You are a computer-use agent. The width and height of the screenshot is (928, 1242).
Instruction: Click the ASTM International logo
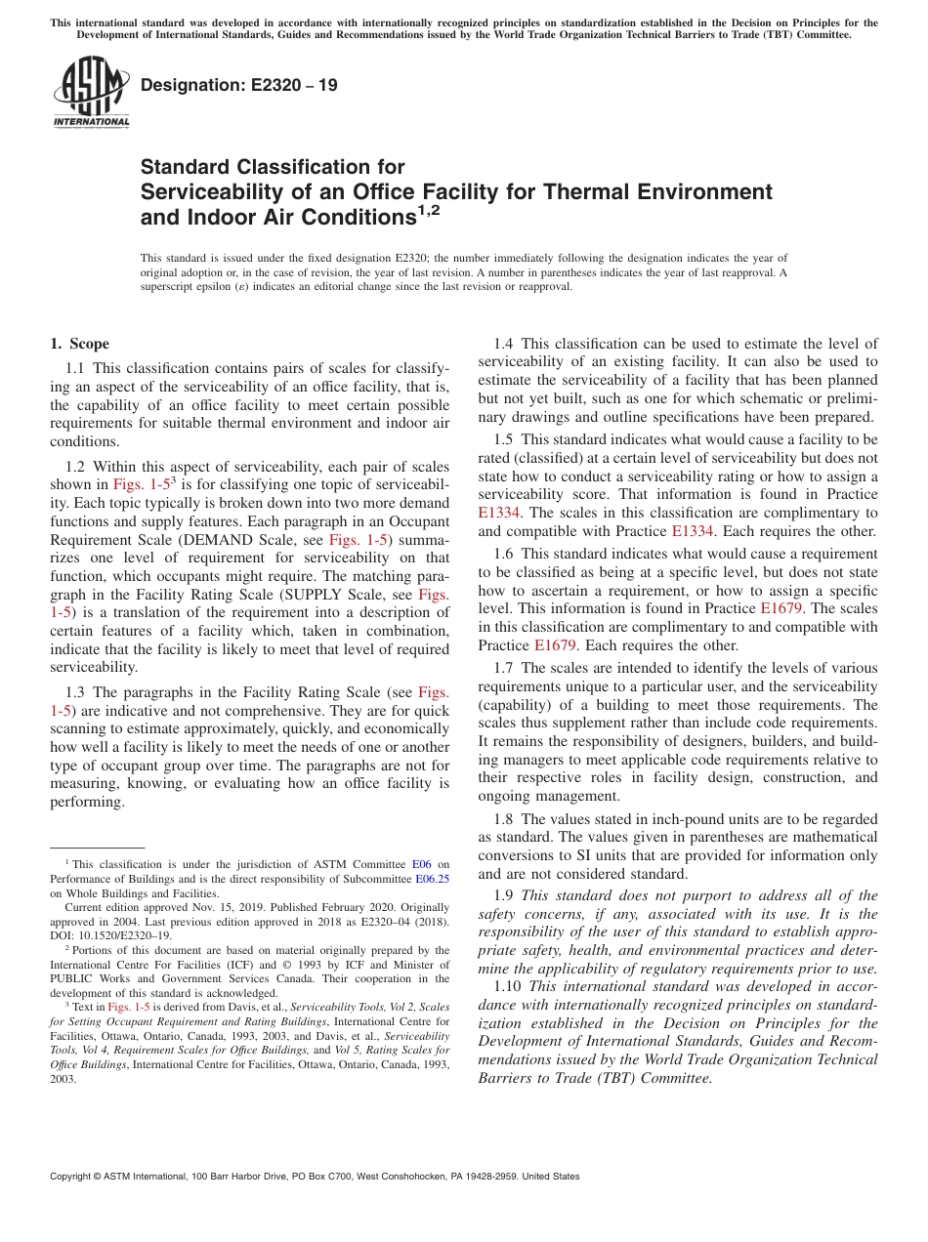pyautogui.click(x=91, y=92)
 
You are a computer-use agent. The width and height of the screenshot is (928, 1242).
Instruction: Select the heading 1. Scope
pyautogui.click(x=79, y=344)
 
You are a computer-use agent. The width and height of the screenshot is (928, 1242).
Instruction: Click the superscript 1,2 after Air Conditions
pyautogui.click(x=429, y=210)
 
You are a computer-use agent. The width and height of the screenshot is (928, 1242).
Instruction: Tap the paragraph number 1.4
pyautogui.click(x=504, y=344)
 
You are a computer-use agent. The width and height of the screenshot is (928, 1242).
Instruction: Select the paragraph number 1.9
pyautogui.click(x=504, y=895)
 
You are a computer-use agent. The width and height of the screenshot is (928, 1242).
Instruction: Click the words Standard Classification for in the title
pyautogui.click(x=273, y=167)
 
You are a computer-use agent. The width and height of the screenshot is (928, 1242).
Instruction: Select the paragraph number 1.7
pyautogui.click(x=504, y=668)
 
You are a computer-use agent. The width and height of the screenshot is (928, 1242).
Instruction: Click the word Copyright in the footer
pyautogui.click(x=72, y=1177)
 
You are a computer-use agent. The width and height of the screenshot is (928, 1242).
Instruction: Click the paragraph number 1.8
pyautogui.click(x=504, y=819)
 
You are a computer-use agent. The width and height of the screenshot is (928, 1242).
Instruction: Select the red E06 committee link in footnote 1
pyautogui.click(x=422, y=864)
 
